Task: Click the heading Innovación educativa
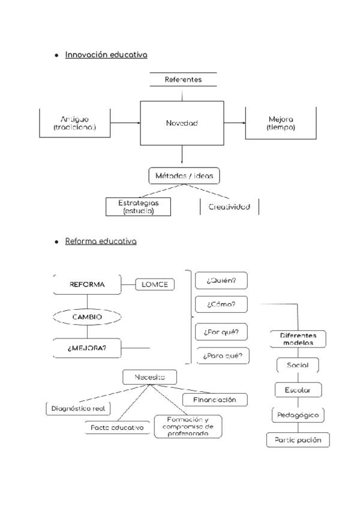[x=106, y=55]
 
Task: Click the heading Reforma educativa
[x=100, y=242]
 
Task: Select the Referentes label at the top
[x=183, y=79]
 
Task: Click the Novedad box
[x=182, y=123]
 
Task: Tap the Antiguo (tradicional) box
[x=74, y=123]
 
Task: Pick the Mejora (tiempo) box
[x=281, y=123]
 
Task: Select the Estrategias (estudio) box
[x=137, y=206]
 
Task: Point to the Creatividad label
[x=229, y=206]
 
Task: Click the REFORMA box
[x=87, y=285]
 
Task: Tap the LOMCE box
[x=154, y=285]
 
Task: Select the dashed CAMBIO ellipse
[x=87, y=316]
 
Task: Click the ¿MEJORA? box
[x=87, y=348]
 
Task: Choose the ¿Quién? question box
[x=222, y=280]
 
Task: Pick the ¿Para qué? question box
[x=222, y=355]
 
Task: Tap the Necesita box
[x=150, y=377]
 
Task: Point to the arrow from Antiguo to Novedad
[x=125, y=123]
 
